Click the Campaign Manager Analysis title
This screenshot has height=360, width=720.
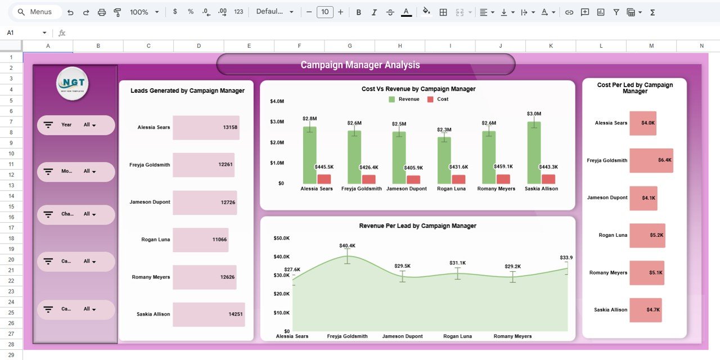click(x=360, y=65)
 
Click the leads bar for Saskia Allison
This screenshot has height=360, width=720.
click(x=209, y=314)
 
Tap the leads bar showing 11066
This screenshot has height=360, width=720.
click(x=200, y=240)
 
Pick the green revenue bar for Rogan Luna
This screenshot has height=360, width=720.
click(x=444, y=160)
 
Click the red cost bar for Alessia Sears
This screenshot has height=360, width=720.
click(x=324, y=179)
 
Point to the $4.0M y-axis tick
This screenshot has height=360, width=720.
click(x=277, y=101)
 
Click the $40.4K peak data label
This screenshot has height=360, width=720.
click(x=347, y=246)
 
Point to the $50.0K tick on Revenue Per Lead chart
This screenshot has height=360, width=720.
click(x=281, y=238)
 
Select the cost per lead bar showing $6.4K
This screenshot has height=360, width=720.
click(x=651, y=160)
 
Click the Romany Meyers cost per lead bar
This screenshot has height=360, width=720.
click(x=647, y=273)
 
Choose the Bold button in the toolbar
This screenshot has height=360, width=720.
click(x=358, y=12)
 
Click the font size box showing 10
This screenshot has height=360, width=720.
click(x=325, y=12)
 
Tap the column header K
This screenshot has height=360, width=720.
click(x=551, y=46)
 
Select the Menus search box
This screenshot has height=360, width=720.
click(x=37, y=12)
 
